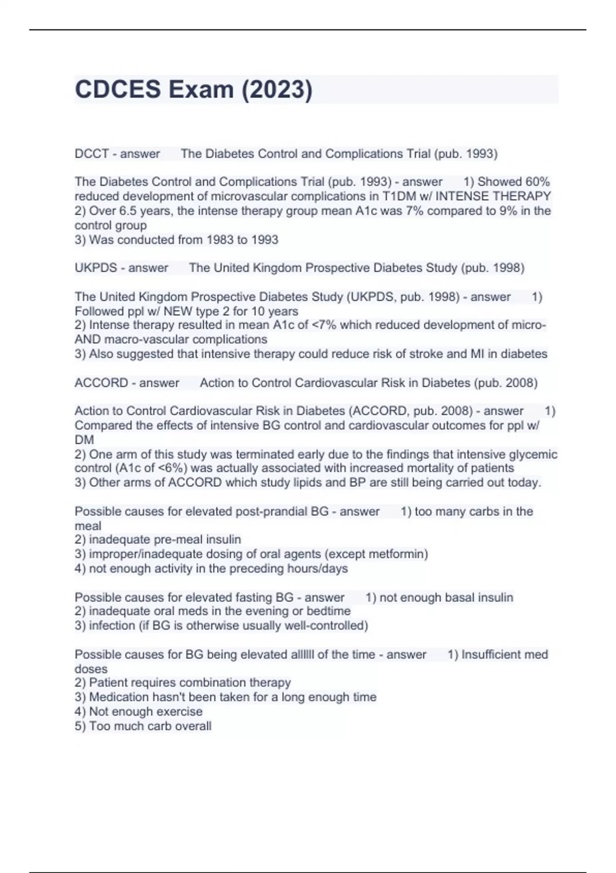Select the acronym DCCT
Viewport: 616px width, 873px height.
pos(91,154)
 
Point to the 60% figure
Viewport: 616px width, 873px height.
pos(537,182)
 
